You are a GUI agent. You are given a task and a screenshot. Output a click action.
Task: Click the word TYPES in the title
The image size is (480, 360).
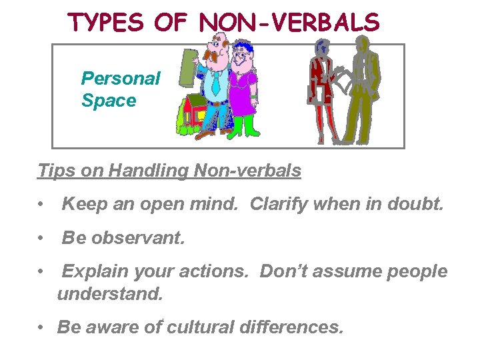pyautogui.click(x=107, y=23)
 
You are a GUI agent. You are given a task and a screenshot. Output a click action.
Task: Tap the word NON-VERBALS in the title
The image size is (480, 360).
pyautogui.click(x=289, y=23)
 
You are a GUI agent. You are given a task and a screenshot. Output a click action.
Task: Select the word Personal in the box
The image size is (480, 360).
pyautogui.click(x=121, y=79)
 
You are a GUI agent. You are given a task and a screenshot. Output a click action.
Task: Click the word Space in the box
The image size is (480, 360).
pyautogui.click(x=109, y=101)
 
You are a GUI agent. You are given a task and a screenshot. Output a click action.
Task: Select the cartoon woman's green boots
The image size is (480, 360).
pyautogui.click(x=243, y=127)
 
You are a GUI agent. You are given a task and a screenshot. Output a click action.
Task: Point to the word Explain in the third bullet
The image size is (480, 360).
pyautogui.click(x=93, y=271)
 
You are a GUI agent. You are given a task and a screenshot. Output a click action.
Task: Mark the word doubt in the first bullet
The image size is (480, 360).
pyautogui.click(x=417, y=205)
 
